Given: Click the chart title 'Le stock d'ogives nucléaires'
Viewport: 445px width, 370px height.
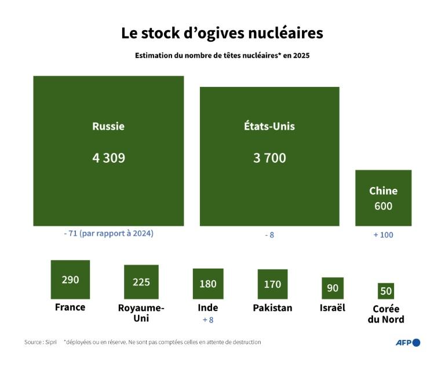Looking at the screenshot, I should click(222, 33).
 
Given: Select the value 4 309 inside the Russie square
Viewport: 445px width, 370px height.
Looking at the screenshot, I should click(108, 157).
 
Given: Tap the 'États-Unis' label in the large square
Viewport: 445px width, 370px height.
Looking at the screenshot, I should click(269, 126).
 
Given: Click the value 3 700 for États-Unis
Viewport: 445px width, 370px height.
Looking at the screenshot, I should click(269, 157).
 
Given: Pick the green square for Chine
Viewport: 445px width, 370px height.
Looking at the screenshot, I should click(383, 197).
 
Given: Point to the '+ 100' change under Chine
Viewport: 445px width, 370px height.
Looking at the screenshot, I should click(383, 235).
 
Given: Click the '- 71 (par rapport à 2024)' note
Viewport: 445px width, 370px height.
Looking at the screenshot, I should click(108, 234).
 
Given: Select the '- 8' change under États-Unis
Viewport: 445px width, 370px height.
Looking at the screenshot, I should click(269, 235).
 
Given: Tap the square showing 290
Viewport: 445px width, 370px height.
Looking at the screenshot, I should click(70, 279).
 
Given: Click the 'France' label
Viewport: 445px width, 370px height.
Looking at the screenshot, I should click(70, 307).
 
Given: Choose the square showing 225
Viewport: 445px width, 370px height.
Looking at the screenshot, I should click(141, 282).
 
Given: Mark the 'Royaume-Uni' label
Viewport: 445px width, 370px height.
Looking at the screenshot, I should click(141, 313).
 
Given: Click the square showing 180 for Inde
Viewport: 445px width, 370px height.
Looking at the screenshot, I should click(208, 284).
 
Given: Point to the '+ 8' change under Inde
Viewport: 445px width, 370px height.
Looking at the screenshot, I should click(208, 320).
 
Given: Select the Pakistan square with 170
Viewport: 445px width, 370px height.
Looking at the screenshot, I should click(272, 284).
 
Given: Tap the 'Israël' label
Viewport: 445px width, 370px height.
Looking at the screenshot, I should click(333, 307).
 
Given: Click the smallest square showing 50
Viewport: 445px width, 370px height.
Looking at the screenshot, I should click(386, 291).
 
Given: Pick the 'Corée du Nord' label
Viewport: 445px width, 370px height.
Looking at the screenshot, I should click(386, 314).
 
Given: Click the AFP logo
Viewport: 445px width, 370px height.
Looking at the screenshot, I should click(408, 342).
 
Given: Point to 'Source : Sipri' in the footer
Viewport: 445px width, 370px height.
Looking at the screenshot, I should click(41, 342).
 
